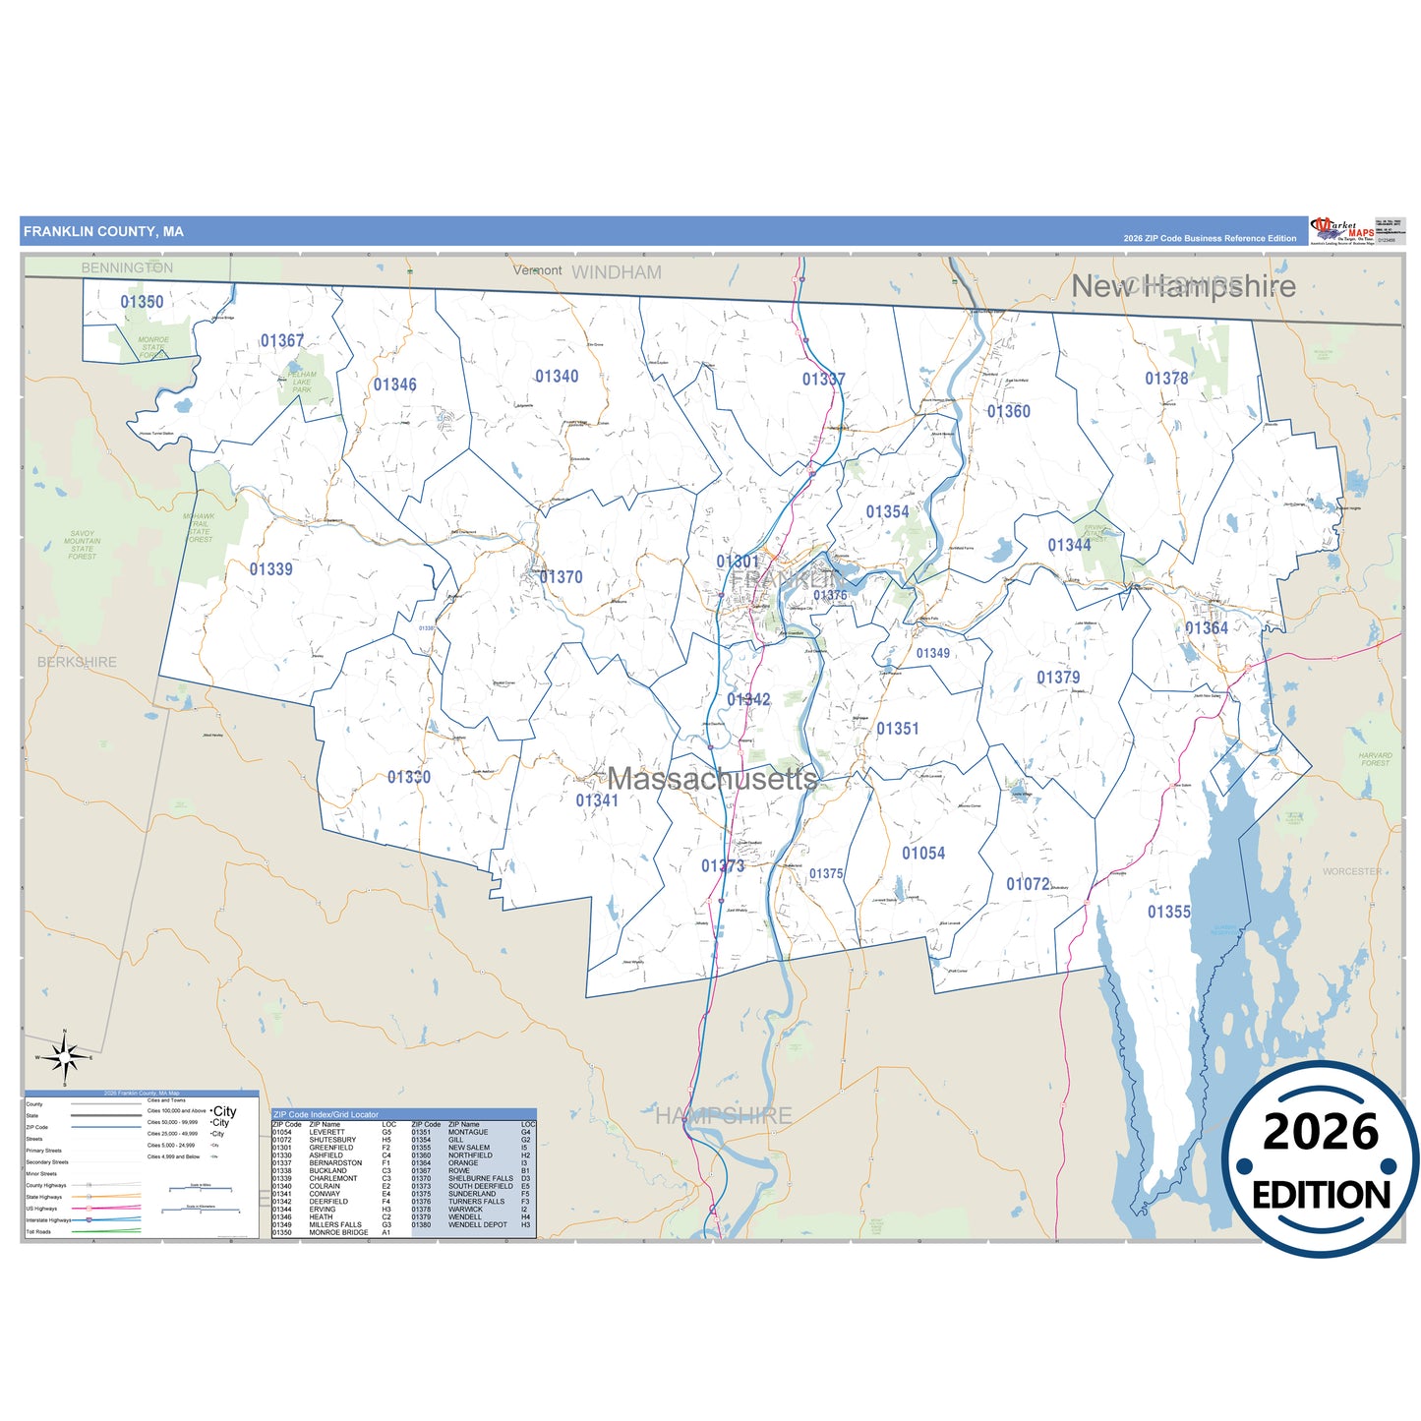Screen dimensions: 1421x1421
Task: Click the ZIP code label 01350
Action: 142,302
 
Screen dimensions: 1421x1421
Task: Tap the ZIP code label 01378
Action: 1166,379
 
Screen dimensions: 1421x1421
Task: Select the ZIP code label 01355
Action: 1168,913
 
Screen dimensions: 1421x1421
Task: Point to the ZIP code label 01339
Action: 270,569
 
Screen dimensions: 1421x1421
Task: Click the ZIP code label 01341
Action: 597,800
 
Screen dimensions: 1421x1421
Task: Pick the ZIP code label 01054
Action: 923,854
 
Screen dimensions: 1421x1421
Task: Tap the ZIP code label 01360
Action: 1009,412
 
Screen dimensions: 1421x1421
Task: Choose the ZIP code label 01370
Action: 561,577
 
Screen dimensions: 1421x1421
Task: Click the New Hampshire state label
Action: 1183,286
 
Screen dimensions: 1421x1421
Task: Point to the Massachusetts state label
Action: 713,779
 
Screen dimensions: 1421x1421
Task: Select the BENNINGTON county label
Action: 127,267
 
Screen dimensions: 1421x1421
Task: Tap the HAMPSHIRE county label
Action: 724,1115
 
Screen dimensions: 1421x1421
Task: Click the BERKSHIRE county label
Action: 77,662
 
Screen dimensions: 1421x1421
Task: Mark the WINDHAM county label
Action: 617,272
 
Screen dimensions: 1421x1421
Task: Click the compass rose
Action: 65,1058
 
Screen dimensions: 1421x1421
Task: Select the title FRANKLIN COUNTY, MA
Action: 103,232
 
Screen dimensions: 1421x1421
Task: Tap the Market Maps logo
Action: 1342,231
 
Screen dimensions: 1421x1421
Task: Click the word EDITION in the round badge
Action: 1321,1195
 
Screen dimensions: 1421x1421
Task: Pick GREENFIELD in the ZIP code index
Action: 330,1148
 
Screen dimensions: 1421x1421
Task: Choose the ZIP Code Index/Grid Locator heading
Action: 325,1114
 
